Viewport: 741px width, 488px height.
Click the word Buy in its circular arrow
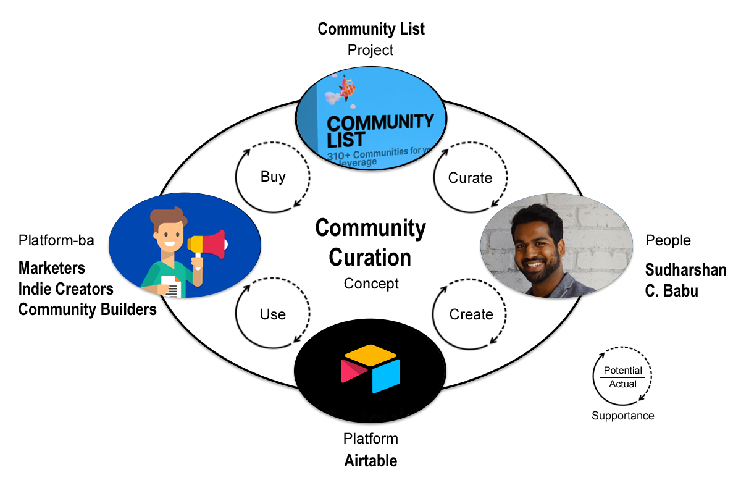pyautogui.click(x=273, y=177)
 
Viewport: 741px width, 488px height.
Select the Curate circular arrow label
pyautogui.click(x=471, y=178)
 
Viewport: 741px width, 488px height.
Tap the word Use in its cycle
pyautogui.click(x=273, y=314)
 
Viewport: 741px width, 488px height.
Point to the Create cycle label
pyautogui.click(x=471, y=314)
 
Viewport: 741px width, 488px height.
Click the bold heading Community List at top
pyautogui.click(x=371, y=29)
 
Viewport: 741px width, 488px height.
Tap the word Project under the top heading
pyautogui.click(x=371, y=49)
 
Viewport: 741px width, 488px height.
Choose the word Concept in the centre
pyautogui.click(x=371, y=284)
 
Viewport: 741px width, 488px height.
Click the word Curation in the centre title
pyautogui.click(x=371, y=257)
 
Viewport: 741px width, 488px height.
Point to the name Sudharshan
pyautogui.click(x=685, y=270)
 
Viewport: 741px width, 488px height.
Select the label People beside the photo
pyautogui.click(x=668, y=240)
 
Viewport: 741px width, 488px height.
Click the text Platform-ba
pyautogui.click(x=56, y=240)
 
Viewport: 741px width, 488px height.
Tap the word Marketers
pyautogui.click(x=52, y=268)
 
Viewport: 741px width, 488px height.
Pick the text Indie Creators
pyautogui.click(x=66, y=288)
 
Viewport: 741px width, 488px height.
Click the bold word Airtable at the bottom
pyautogui.click(x=371, y=461)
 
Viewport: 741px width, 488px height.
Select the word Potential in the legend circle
pyautogui.click(x=623, y=371)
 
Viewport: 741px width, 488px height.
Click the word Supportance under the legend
pyautogui.click(x=622, y=416)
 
